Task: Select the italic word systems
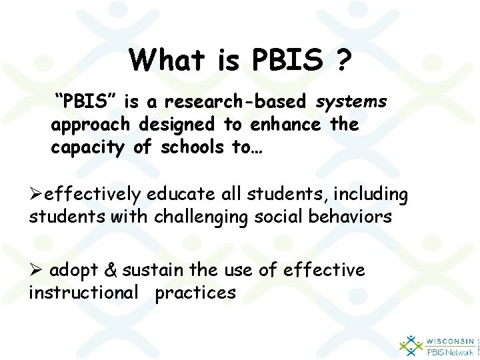pyautogui.click(x=351, y=102)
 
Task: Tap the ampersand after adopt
pyautogui.click(x=111, y=269)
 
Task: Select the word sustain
pyautogui.click(x=148, y=269)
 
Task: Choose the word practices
pyautogui.click(x=195, y=292)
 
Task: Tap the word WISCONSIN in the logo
pyautogui.click(x=449, y=339)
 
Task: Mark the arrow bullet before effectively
pyautogui.click(x=36, y=194)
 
